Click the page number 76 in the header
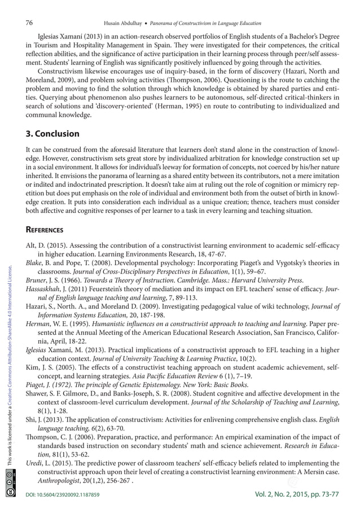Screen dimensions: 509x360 [30, 23]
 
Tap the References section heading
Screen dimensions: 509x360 [48, 230]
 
